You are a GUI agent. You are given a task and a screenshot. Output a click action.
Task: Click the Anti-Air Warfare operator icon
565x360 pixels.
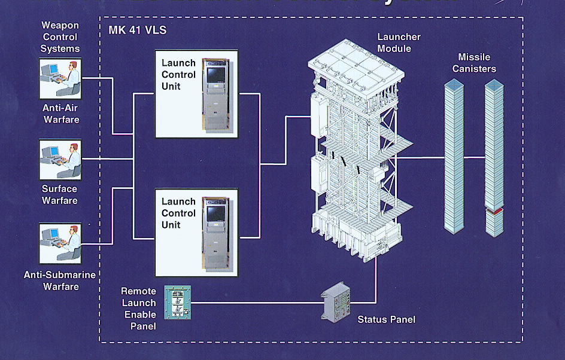(60, 78)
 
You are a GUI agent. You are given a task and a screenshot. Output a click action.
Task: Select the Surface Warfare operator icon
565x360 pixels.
(60, 160)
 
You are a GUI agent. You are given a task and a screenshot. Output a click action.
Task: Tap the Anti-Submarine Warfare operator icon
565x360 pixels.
(60, 243)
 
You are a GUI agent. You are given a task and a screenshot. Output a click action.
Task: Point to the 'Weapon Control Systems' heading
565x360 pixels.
(60, 37)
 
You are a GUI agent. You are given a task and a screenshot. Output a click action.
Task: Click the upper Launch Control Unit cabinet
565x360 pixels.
(215, 93)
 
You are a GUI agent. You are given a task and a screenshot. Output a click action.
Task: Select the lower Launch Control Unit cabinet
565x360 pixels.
(215, 233)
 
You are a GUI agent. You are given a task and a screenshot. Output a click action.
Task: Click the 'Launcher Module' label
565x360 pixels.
(399, 42)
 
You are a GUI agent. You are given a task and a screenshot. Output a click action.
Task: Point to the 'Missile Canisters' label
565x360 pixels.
(474, 63)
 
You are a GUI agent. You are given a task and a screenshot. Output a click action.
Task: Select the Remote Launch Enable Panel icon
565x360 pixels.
(177, 302)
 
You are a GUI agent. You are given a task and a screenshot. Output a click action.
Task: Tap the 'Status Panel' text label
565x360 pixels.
(386, 320)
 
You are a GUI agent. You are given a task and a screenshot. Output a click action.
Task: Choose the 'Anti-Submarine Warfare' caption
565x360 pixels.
(60, 281)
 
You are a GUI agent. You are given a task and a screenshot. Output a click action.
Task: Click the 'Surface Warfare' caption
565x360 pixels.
(60, 195)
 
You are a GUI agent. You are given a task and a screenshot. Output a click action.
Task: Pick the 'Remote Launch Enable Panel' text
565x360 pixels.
(138, 309)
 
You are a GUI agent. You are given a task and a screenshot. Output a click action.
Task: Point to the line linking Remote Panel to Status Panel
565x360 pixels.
(257, 303)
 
